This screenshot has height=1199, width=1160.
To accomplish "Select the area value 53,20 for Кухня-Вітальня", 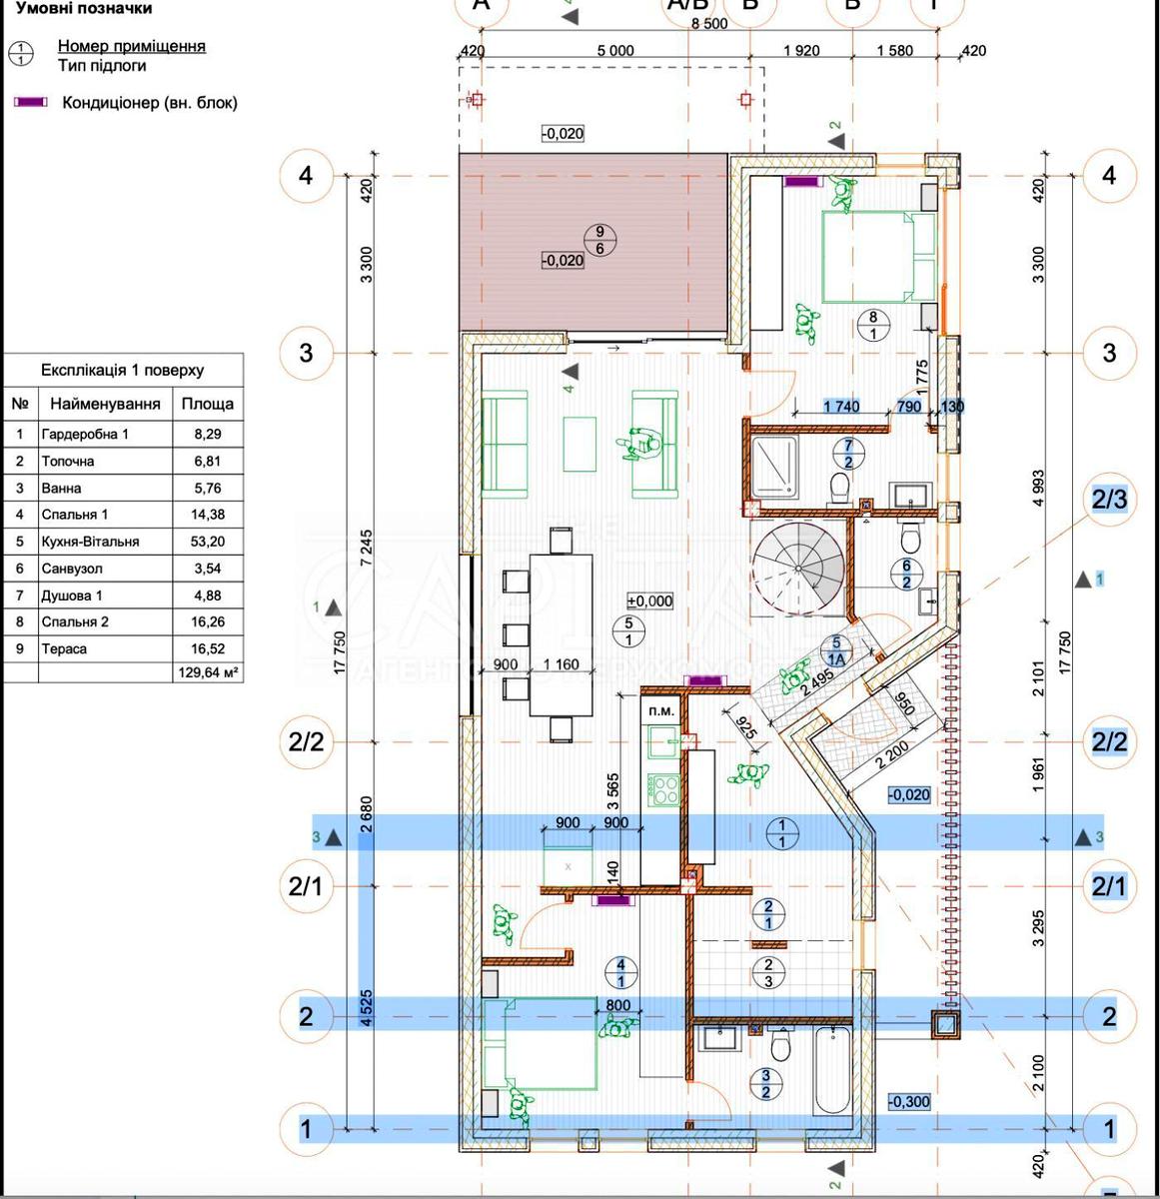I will [x=207, y=542].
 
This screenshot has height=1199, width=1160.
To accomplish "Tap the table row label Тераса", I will [x=64, y=648].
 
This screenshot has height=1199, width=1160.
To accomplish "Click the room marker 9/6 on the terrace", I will [x=599, y=240].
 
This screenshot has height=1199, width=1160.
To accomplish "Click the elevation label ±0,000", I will [x=649, y=601].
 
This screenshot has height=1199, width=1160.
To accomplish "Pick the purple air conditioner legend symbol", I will [x=30, y=103].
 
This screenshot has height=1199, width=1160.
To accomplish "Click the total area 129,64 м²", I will [x=208, y=674].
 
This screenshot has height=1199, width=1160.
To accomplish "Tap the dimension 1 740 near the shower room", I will [x=841, y=407].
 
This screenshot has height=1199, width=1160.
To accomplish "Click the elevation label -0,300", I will [x=908, y=1102].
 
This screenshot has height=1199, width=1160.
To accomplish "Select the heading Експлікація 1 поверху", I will [x=122, y=370].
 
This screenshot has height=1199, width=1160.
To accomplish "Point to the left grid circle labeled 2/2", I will [x=306, y=741].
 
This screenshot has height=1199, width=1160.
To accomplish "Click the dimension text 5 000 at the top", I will [x=614, y=51].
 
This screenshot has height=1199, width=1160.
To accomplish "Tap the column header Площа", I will [x=207, y=404].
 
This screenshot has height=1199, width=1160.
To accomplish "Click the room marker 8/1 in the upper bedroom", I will [x=873, y=325].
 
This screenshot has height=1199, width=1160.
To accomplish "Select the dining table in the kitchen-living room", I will [x=561, y=634].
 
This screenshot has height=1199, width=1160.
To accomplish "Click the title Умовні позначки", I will [x=84, y=9].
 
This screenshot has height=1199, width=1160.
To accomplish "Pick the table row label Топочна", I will [x=68, y=462].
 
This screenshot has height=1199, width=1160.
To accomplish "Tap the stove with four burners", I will [x=663, y=789].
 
